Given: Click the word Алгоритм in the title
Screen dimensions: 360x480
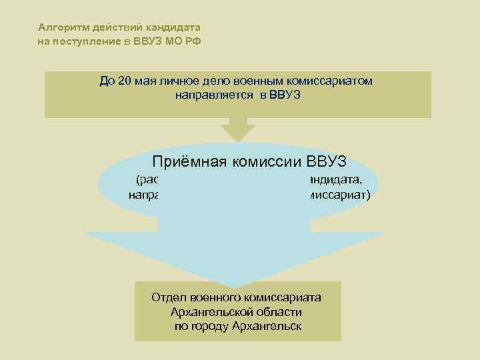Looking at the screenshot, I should [x=61, y=27].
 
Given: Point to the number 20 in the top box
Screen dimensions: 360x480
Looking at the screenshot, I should [x=123, y=81].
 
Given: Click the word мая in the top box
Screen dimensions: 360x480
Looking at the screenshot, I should [x=144, y=81].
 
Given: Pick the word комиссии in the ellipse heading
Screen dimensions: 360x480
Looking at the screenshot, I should [x=270, y=161].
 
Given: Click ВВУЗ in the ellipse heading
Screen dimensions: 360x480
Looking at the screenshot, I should [x=331, y=161].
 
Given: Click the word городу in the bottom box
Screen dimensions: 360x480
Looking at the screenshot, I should [x=210, y=327].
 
